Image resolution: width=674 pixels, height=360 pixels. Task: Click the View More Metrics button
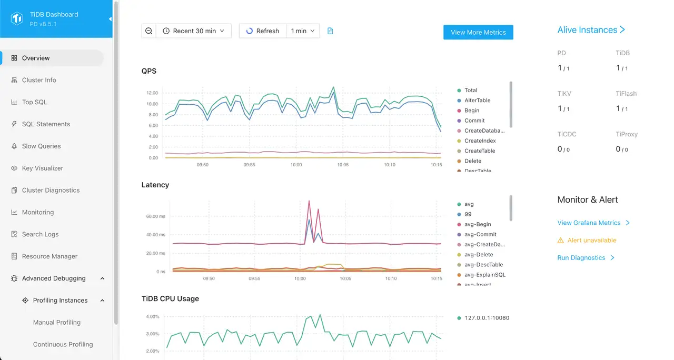(x=478, y=32)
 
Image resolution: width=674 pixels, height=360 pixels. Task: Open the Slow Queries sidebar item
(x=41, y=146)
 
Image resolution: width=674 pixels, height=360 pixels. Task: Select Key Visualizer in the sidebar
(x=42, y=168)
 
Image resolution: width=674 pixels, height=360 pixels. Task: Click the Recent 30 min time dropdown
(x=194, y=31)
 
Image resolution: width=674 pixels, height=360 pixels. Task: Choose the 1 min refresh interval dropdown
(x=303, y=31)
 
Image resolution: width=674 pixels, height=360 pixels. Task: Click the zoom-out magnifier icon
(x=149, y=31)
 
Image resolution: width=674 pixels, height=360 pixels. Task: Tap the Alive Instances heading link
(x=591, y=30)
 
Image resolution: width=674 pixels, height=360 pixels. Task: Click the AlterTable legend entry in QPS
(x=477, y=101)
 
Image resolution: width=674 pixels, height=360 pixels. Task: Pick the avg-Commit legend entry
(x=480, y=235)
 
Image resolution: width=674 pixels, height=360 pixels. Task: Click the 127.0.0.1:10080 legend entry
(x=487, y=318)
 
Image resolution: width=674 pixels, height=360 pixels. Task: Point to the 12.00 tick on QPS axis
(x=152, y=93)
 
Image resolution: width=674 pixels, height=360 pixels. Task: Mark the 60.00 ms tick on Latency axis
(x=155, y=216)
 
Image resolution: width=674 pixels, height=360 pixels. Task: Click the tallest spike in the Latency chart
(x=309, y=201)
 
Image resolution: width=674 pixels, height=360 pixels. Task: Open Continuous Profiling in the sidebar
(x=63, y=345)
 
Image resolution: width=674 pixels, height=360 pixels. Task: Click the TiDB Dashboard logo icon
(x=17, y=19)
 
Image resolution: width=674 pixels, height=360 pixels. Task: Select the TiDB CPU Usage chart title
(x=170, y=299)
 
